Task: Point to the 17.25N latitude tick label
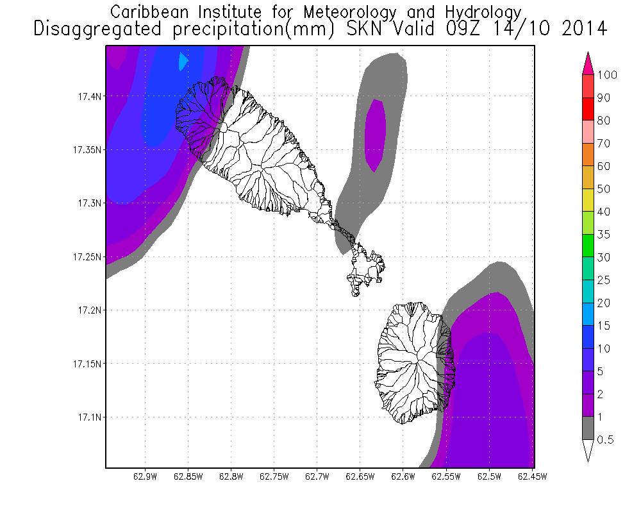pyautogui.click(x=85, y=256)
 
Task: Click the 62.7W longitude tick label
pyautogui.click(x=317, y=476)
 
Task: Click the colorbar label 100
pyautogui.click(x=606, y=75)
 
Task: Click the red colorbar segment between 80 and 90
pyautogui.click(x=588, y=109)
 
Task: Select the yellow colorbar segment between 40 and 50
pyautogui.click(x=588, y=200)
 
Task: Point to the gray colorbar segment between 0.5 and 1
pyautogui.click(x=588, y=428)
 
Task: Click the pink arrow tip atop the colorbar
pyautogui.click(x=588, y=61)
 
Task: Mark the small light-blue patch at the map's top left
pyautogui.click(x=183, y=61)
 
